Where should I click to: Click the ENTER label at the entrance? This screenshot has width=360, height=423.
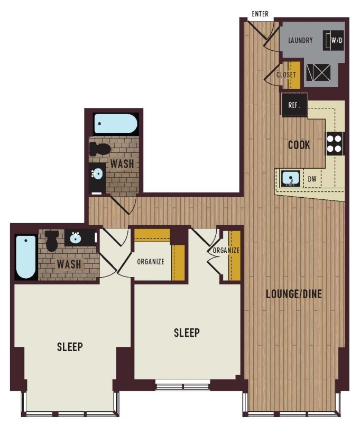[260, 14]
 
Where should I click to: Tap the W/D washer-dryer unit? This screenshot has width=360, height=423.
[334, 41]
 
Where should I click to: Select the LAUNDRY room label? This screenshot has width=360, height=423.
[300, 41]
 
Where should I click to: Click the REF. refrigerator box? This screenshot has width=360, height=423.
[294, 105]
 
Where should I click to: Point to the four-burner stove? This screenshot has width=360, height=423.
[335, 143]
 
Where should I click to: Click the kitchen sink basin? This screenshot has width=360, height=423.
[290, 178]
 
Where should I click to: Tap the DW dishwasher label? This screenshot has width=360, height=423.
[312, 179]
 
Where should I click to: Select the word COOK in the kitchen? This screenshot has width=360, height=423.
[299, 145]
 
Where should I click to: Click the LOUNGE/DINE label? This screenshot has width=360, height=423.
[294, 294]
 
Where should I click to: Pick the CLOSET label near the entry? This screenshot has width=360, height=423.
[286, 75]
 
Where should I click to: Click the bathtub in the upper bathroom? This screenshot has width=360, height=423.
[115, 124]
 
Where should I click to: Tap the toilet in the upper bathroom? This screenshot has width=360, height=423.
[100, 149]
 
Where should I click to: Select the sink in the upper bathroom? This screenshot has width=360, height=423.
[97, 173]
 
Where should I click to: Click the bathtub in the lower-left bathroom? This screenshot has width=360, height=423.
[26, 257]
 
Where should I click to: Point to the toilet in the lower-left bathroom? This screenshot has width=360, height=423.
[52, 241]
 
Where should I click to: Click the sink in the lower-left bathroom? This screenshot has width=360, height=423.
[75, 238]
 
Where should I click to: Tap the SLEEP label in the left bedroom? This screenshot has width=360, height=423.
[70, 347]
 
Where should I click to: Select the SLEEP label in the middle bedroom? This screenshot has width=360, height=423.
[187, 333]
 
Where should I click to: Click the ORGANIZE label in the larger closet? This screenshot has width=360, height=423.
[151, 262]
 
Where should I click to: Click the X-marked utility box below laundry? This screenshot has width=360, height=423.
[318, 72]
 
